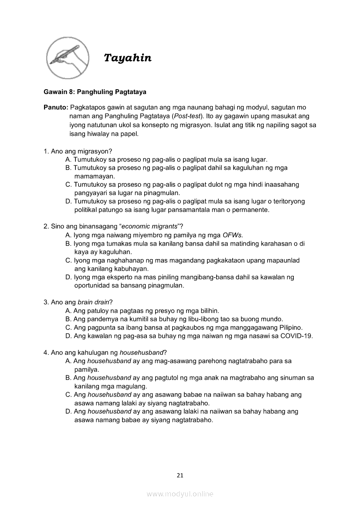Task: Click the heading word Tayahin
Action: [128, 58]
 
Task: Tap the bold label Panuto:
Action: [55, 107]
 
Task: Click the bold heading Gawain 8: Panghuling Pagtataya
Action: [95, 92]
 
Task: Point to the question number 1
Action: [45, 152]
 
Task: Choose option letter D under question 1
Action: [68, 202]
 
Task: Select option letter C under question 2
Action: [68, 260]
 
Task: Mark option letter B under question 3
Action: [68, 319]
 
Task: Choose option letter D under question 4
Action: [68, 411]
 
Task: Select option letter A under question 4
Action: [68, 361]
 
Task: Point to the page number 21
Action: [180, 475]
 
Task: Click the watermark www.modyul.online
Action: [180, 494]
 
